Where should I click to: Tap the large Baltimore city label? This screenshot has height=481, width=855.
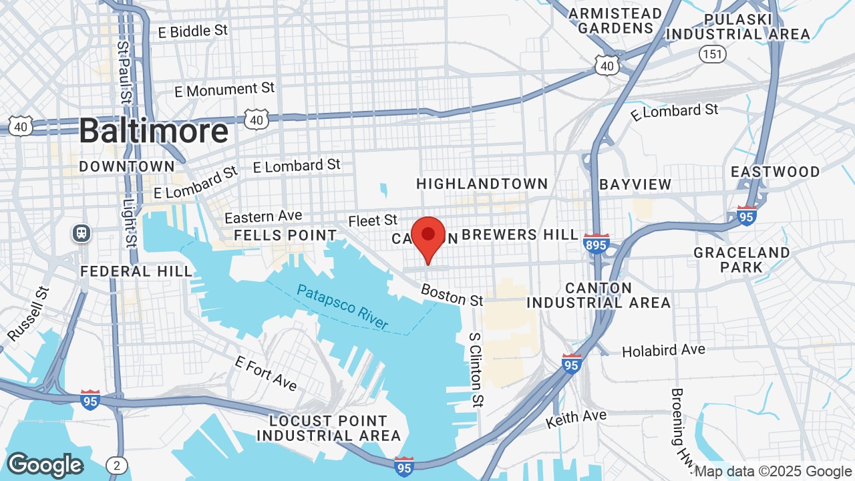click(x=154, y=131)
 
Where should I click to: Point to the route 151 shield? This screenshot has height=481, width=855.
click(x=713, y=53)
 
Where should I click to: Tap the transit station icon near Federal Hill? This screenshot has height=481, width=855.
click(x=82, y=233)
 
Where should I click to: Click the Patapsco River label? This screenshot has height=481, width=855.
click(x=343, y=307)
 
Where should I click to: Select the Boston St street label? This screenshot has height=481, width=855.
click(x=452, y=295)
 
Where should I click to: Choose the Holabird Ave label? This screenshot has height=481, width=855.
click(x=663, y=351)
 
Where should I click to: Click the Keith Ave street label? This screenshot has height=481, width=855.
click(x=576, y=419)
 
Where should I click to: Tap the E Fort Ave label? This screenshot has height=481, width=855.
click(x=266, y=372)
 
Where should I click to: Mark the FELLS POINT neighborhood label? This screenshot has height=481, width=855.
click(x=285, y=235)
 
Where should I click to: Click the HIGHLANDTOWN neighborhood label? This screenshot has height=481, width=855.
click(x=482, y=184)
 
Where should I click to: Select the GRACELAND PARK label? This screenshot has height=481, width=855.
click(x=741, y=260)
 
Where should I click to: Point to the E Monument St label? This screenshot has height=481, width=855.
click(x=224, y=90)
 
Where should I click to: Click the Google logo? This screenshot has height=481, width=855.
click(x=45, y=465)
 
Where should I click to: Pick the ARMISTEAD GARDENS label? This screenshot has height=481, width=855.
click(x=615, y=21)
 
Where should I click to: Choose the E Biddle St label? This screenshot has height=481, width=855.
click(x=192, y=31)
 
